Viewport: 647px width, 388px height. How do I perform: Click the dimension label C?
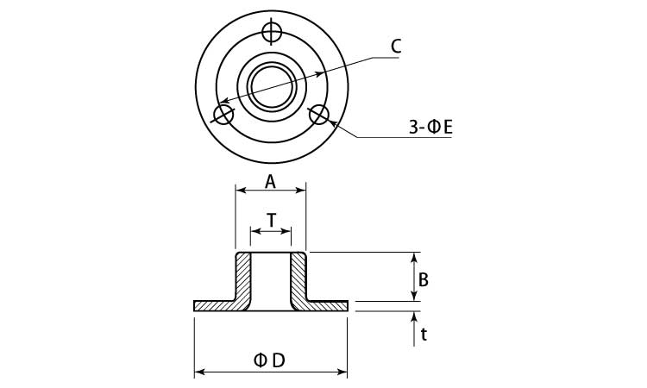click(x=396, y=47)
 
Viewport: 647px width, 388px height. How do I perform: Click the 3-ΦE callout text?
click(x=431, y=128)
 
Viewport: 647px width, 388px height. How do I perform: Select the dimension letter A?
click(x=270, y=181)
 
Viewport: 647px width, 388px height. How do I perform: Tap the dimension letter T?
click(x=272, y=221)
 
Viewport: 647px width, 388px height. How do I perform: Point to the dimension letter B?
click(x=424, y=280)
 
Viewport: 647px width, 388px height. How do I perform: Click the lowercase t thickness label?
click(x=424, y=334)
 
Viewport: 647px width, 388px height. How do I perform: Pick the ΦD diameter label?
click(x=270, y=360)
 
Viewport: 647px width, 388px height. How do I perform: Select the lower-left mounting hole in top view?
click(x=223, y=115)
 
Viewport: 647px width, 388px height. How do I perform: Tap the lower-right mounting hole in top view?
click(x=320, y=115)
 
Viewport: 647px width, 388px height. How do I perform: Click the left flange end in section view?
click(x=207, y=305)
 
